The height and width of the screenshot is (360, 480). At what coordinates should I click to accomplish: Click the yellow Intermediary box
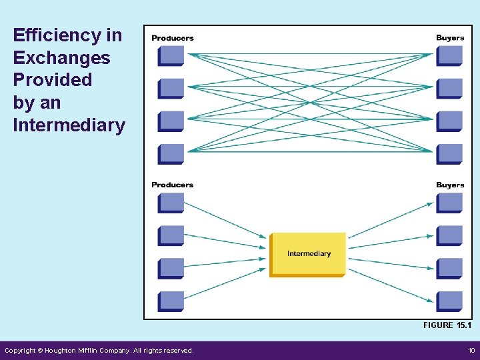pyautogui.click(x=308, y=254)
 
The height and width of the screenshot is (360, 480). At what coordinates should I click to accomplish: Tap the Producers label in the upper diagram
pyautogui.click(x=172, y=38)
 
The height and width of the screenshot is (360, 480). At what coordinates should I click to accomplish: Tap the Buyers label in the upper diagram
pyautogui.click(x=450, y=38)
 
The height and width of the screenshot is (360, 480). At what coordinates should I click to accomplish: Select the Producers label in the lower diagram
pyautogui.click(x=172, y=185)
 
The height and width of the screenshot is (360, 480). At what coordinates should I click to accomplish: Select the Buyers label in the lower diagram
pyautogui.click(x=450, y=185)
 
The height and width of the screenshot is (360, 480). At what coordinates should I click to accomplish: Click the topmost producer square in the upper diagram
pyautogui.click(x=171, y=55)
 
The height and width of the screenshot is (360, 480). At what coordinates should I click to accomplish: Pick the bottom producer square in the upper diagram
pyautogui.click(x=171, y=154)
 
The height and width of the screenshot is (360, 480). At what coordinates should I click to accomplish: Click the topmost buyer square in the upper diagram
pyautogui.click(x=449, y=55)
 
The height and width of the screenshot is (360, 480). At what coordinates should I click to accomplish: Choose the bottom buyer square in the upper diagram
pyautogui.click(x=449, y=154)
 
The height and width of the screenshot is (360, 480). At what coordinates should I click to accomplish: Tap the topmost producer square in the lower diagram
pyautogui.click(x=171, y=203)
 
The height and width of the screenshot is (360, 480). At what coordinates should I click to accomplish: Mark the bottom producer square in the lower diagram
pyautogui.click(x=171, y=301)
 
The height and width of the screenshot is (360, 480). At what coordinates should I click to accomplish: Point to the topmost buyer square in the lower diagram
pyautogui.click(x=449, y=203)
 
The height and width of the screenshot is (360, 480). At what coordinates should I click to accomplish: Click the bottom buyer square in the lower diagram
pyautogui.click(x=449, y=301)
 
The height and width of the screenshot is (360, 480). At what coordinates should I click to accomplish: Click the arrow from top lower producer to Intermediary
pyautogui.click(x=225, y=219)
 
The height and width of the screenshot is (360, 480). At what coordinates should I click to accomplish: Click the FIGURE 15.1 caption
pyautogui.click(x=447, y=325)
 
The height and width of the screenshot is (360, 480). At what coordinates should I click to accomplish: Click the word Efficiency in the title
pyautogui.click(x=52, y=35)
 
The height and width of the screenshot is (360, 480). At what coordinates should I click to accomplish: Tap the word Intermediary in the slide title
pyautogui.click(x=69, y=125)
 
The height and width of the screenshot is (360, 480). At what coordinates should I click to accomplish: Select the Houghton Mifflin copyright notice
pyautogui.click(x=99, y=350)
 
